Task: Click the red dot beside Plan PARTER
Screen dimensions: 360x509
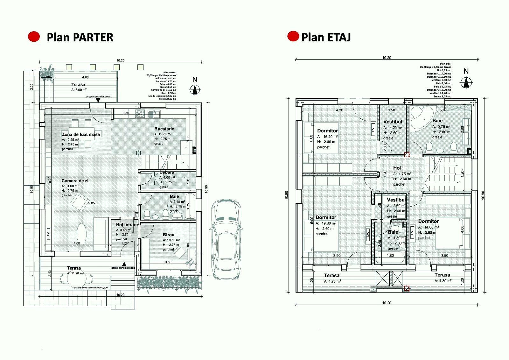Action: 34,37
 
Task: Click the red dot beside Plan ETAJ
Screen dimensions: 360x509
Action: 293,36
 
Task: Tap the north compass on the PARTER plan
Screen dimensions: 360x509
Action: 195,89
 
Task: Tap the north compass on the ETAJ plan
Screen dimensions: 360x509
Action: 466,83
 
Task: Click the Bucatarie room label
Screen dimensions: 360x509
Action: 164,129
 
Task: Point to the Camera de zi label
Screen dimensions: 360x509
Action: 75,181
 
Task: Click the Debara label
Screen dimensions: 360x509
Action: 167,173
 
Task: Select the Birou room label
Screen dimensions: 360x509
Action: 168,235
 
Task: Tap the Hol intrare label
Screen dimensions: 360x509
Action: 127,225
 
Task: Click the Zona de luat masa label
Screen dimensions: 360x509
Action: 81,134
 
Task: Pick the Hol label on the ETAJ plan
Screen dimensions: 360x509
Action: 397,168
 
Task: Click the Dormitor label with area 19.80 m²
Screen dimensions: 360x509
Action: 326,217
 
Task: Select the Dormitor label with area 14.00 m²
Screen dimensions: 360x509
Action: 428,221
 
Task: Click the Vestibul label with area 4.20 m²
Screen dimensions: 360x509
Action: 393,122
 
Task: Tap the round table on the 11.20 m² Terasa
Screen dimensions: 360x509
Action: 74,279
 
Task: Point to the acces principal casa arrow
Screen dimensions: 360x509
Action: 124,264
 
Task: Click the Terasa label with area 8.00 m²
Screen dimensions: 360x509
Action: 78,85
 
